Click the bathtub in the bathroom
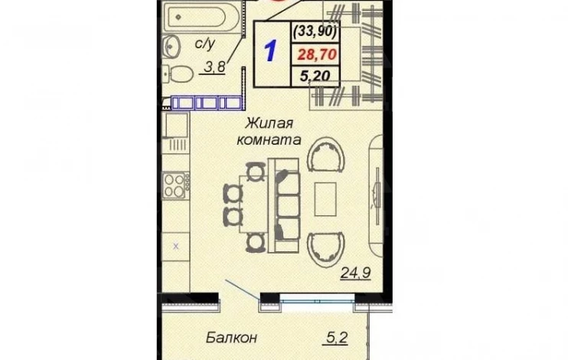(x=201, y=17)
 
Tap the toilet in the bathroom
(x=178, y=75)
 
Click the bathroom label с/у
(x=204, y=44)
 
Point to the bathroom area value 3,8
(x=215, y=67)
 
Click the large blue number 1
(x=271, y=51)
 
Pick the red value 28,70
(x=317, y=54)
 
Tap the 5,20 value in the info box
(x=315, y=76)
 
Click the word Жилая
(x=269, y=123)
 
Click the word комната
(x=269, y=140)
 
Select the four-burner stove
(x=176, y=185)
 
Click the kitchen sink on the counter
(x=176, y=125)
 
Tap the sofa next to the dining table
(x=284, y=205)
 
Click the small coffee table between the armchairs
(x=325, y=199)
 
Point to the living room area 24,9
(x=355, y=273)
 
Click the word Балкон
(x=231, y=338)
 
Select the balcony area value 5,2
(x=338, y=339)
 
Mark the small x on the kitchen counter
(x=176, y=247)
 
